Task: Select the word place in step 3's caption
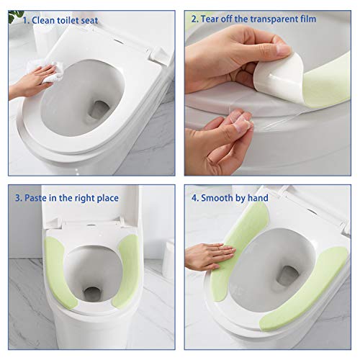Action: pyautogui.click(x=105, y=197)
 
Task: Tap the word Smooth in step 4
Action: pyautogui.click(x=225, y=197)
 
